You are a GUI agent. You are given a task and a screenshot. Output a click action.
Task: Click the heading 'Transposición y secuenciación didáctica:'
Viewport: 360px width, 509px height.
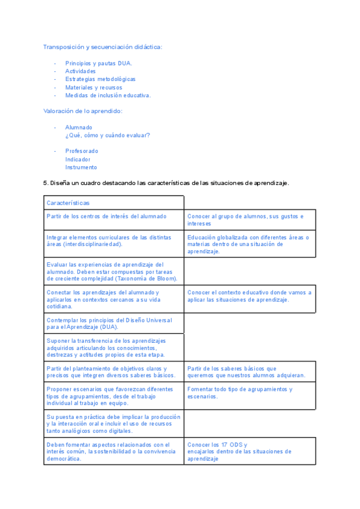click(103, 47)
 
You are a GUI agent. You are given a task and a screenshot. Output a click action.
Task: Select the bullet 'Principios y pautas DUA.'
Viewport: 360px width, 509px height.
click(99, 63)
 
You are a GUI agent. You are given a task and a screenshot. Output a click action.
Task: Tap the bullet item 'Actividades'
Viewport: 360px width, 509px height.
click(80, 71)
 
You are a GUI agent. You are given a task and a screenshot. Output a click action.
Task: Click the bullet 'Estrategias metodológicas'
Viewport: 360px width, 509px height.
click(100, 79)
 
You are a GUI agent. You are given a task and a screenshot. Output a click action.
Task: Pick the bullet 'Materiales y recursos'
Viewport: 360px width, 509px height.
click(94, 87)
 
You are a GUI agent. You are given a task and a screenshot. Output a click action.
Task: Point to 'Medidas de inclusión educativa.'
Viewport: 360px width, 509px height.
click(108, 95)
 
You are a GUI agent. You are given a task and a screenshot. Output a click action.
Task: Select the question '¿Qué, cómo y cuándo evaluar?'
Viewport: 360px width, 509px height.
click(107, 135)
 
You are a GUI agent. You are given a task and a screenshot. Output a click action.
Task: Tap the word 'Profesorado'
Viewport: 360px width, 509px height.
click(82, 151)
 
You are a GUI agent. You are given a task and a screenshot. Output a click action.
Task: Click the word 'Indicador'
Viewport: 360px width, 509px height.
click(78, 159)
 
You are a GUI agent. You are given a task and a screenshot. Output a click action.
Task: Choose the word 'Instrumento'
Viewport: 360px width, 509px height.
click(81, 167)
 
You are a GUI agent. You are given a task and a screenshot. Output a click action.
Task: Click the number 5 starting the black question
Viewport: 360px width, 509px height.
click(45, 183)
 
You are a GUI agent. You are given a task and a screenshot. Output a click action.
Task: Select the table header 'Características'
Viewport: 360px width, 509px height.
click(68, 203)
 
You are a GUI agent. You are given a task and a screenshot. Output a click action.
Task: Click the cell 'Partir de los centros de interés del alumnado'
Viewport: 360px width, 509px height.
click(107, 216)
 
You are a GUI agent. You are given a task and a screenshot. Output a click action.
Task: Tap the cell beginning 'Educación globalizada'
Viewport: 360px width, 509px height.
click(248, 244)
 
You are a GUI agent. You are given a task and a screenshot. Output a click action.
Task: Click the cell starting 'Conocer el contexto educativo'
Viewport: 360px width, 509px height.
click(249, 296)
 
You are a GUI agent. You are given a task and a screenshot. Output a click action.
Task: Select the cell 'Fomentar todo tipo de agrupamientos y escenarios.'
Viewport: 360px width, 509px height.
click(240, 393)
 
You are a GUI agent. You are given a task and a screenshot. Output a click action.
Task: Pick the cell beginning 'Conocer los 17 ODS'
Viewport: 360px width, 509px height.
click(239, 451)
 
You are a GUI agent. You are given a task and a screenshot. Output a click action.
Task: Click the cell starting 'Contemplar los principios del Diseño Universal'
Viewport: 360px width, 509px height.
click(109, 324)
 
